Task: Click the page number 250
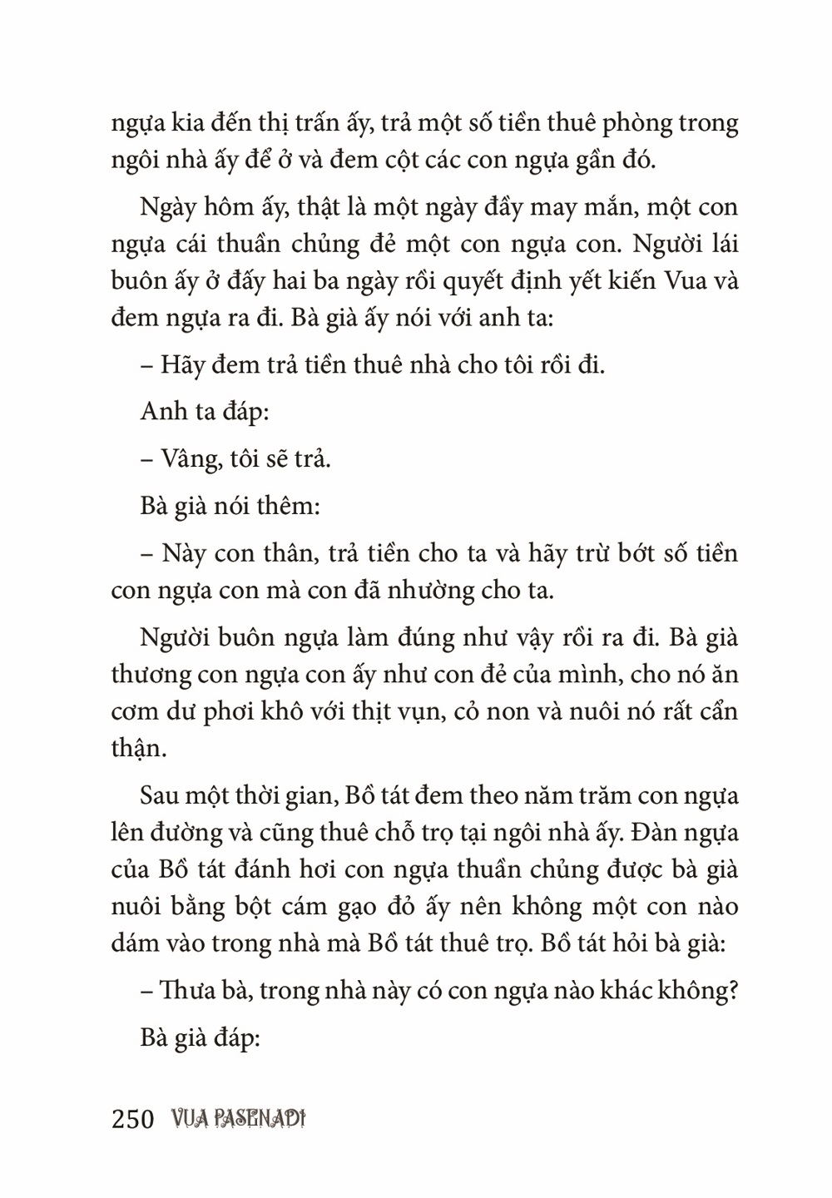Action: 133,1119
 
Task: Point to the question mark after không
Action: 732,992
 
